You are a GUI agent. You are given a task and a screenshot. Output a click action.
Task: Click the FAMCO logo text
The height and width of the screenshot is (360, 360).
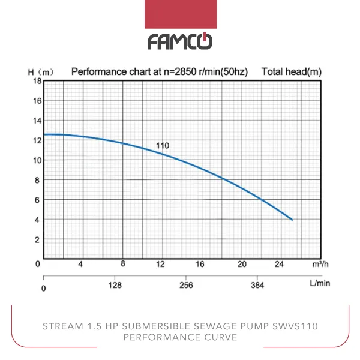click(179, 41)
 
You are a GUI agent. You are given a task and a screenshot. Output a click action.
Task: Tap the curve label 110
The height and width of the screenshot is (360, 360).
click(162, 146)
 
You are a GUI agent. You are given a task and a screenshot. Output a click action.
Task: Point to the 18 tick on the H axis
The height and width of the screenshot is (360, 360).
click(37, 81)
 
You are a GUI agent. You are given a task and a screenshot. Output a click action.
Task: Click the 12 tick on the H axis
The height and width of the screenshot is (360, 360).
click(37, 140)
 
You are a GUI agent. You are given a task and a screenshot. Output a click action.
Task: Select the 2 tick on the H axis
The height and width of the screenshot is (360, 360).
click(37, 239)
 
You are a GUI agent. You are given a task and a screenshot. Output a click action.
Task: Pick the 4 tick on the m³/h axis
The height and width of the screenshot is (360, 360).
click(80, 265)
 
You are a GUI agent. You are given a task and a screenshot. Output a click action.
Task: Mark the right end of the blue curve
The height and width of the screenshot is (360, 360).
click(292, 220)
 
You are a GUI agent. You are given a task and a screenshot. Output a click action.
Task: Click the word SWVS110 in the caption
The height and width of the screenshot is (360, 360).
click(296, 326)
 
